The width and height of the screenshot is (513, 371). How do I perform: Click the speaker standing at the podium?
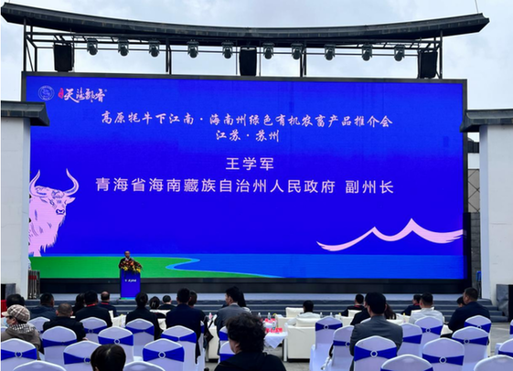pyautogui.click(x=129, y=263)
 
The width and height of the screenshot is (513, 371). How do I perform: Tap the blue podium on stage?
pyautogui.click(x=130, y=283)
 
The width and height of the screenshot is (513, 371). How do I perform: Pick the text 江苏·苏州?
pyautogui.click(x=246, y=135)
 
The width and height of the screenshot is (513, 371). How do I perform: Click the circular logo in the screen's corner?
pyautogui.click(x=46, y=93)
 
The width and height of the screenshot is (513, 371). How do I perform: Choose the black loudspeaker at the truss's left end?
pyautogui.click(x=63, y=57)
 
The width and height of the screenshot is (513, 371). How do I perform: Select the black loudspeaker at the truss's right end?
pyautogui.click(x=427, y=62)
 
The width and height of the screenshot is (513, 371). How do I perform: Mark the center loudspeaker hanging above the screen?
pyautogui.click(x=248, y=61)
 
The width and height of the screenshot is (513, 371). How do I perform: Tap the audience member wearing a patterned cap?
pyautogui.click(x=17, y=314)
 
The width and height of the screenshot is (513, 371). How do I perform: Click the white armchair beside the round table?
pyautogui.click(x=300, y=340)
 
